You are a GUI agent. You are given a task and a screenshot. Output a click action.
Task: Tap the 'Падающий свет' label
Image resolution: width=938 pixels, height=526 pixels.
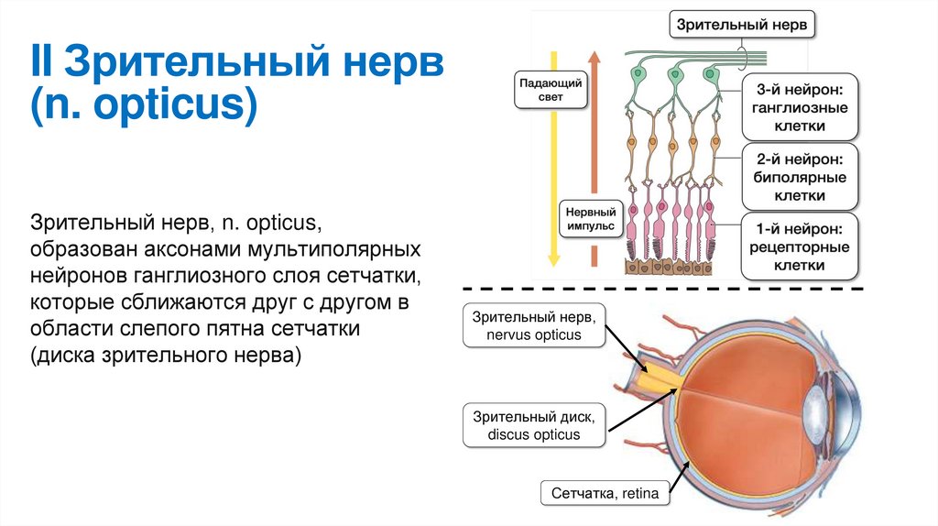tap(551, 89)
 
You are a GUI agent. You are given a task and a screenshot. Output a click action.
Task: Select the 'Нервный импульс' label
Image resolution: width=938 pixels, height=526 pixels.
tap(588, 217)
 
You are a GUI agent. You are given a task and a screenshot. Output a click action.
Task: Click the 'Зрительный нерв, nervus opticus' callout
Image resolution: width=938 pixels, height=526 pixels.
tap(534, 326)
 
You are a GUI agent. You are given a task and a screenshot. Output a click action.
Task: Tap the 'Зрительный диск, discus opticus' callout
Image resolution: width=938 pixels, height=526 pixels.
tap(534, 425)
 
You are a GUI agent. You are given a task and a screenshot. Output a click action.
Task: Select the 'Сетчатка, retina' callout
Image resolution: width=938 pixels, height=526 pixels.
tap(605, 494)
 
